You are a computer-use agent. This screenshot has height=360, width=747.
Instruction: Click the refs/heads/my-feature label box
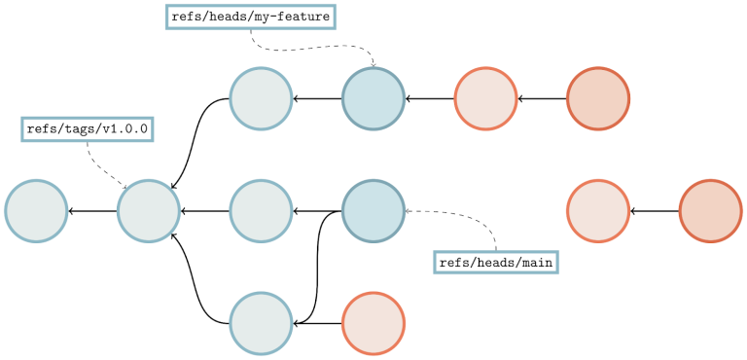(251, 17)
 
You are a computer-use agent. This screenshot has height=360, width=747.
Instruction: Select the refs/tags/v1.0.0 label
(88, 129)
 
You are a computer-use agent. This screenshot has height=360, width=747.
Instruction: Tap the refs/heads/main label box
(496, 262)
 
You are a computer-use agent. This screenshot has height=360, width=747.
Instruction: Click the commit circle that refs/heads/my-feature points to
(373, 98)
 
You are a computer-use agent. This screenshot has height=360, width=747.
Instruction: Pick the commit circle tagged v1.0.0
(149, 210)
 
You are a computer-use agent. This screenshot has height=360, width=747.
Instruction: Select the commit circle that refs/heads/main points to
(373, 210)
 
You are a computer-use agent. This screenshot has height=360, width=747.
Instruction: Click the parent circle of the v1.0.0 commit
(36, 210)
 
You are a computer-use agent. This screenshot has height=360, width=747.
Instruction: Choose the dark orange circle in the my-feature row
(598, 98)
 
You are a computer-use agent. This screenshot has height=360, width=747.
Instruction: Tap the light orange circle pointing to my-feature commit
(485, 98)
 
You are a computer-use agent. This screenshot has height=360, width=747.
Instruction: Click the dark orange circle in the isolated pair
(711, 210)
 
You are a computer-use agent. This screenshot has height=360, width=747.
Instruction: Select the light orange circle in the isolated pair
(598, 210)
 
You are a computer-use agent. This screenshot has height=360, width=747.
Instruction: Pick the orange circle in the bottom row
(373, 322)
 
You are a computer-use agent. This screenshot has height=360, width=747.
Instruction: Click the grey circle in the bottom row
(261, 322)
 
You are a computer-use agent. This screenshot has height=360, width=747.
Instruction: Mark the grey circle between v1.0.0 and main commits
(261, 210)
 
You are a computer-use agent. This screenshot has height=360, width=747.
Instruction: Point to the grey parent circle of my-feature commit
(261, 98)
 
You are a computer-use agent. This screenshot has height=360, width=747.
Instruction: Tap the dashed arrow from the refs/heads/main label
(467, 215)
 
